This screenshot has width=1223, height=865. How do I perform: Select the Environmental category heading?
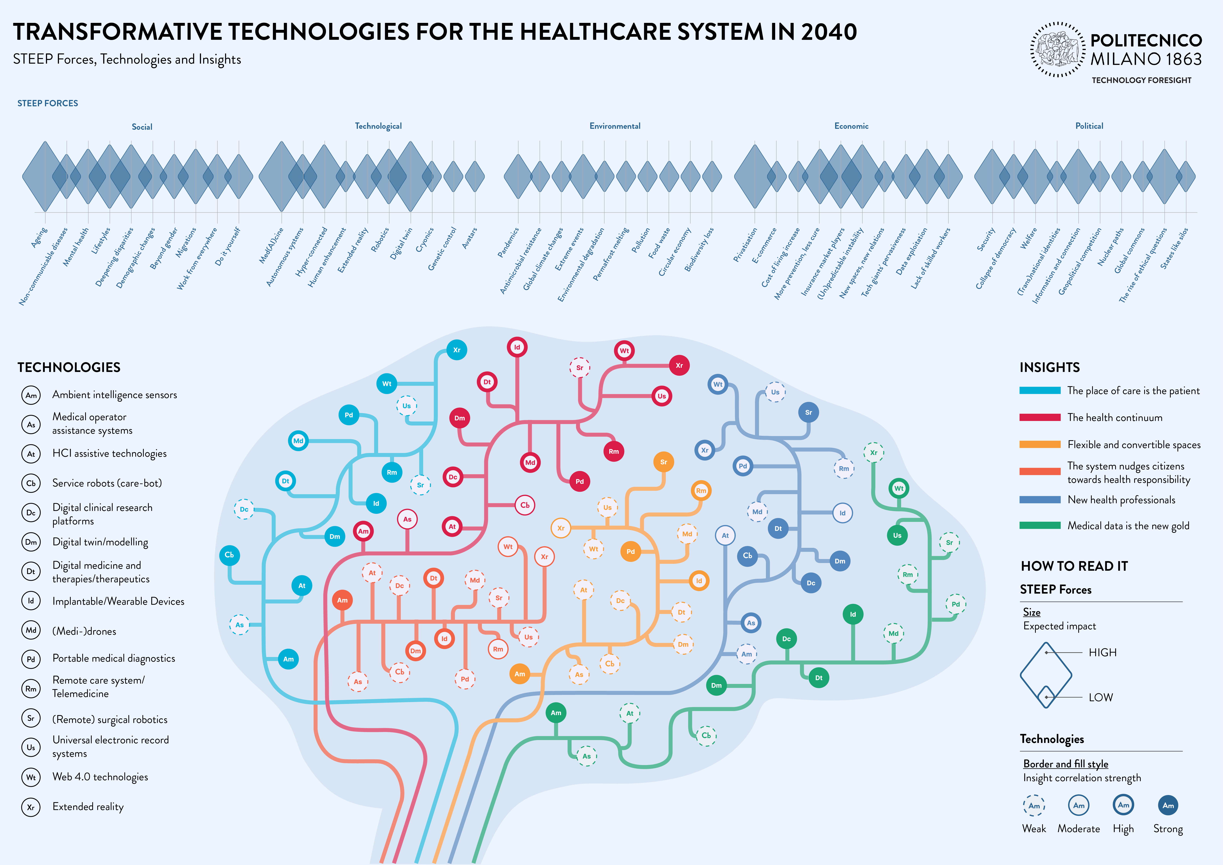615,126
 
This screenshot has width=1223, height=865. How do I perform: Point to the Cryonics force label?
425,240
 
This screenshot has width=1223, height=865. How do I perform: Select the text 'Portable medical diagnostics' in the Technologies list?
113,658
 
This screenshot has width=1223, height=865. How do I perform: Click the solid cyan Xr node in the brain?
456,350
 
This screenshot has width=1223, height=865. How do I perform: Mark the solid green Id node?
853,614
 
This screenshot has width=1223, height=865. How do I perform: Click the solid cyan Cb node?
229,555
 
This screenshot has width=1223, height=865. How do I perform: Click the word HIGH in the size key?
1102,652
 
